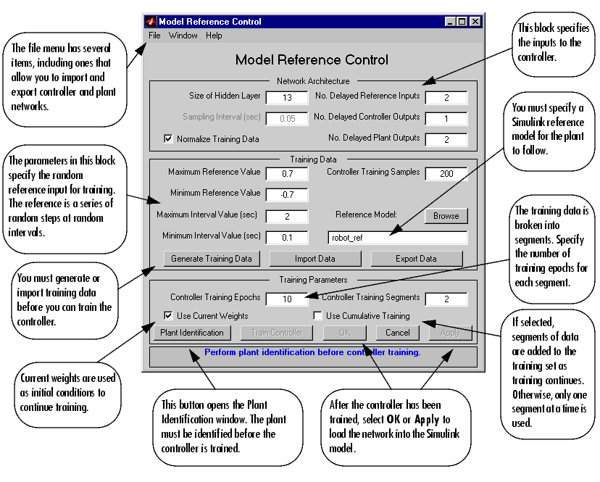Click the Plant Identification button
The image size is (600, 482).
pyautogui.click(x=192, y=333)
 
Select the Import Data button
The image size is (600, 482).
pyautogui.click(x=314, y=258)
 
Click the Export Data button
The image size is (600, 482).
pyautogui.click(x=416, y=258)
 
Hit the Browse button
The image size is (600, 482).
pyautogui.click(x=446, y=215)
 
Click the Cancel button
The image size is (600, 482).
pyautogui.click(x=397, y=333)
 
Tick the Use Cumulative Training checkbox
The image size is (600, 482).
pyautogui.click(x=317, y=316)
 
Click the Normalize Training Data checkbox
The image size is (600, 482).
pyautogui.click(x=169, y=138)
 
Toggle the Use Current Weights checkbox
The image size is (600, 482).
pyautogui.click(x=169, y=316)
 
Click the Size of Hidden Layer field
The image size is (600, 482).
pyautogui.click(x=287, y=97)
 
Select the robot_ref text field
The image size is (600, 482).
pyautogui.click(x=397, y=237)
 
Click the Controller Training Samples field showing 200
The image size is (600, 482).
pyautogui.click(x=446, y=173)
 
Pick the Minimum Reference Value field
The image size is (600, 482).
pyautogui.click(x=287, y=194)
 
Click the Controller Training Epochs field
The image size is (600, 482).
pyautogui.click(x=287, y=299)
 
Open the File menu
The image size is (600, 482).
pyautogui.click(x=155, y=36)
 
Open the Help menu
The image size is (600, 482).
pyautogui.click(x=214, y=36)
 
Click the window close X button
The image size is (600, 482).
pyautogui.click(x=475, y=22)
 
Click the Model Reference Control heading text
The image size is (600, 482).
pyautogui.click(x=312, y=60)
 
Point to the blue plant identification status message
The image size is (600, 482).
pyautogui.click(x=312, y=353)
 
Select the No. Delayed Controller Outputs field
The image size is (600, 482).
pyautogui.click(x=446, y=118)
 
